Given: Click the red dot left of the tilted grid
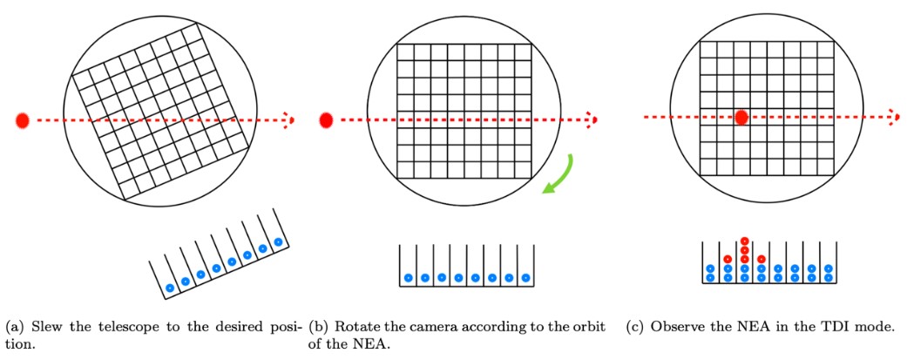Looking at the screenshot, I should click(x=23, y=120).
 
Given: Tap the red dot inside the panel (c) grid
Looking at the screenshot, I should click(x=741, y=117).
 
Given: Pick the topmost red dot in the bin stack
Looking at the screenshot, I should click(x=744, y=241).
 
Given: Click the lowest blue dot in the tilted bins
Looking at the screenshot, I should click(x=170, y=287).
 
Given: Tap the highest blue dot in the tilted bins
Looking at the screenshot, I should click(x=278, y=241).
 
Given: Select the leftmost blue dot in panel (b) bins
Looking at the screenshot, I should click(x=408, y=278).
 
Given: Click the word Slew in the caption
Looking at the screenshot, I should click(x=41, y=327).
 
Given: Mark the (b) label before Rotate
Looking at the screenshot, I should click(x=318, y=327).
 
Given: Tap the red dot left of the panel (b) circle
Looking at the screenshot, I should click(x=327, y=119).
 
